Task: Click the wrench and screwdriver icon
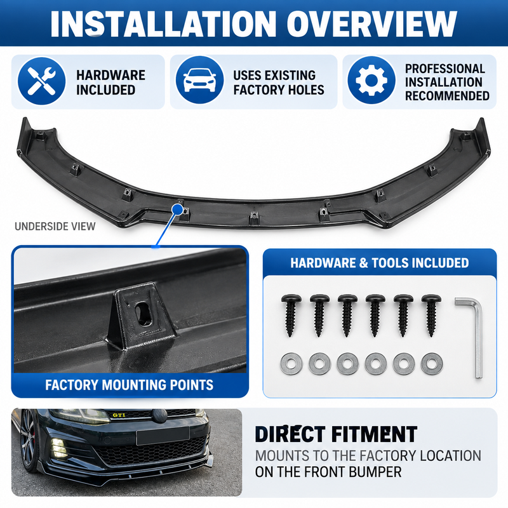point(41,81)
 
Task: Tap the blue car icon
point(199,80)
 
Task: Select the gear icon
point(371,80)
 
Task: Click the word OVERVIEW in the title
point(371,23)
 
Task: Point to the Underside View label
point(55,226)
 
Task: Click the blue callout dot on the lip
point(178,209)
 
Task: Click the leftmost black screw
point(291,315)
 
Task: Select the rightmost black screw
point(431,315)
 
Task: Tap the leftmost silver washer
point(291,363)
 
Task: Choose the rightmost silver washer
point(432,363)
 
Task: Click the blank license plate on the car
point(163,436)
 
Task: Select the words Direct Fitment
point(336,434)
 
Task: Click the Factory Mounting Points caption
point(130,385)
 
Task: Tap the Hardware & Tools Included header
point(379,263)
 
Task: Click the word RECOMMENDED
point(447,96)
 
